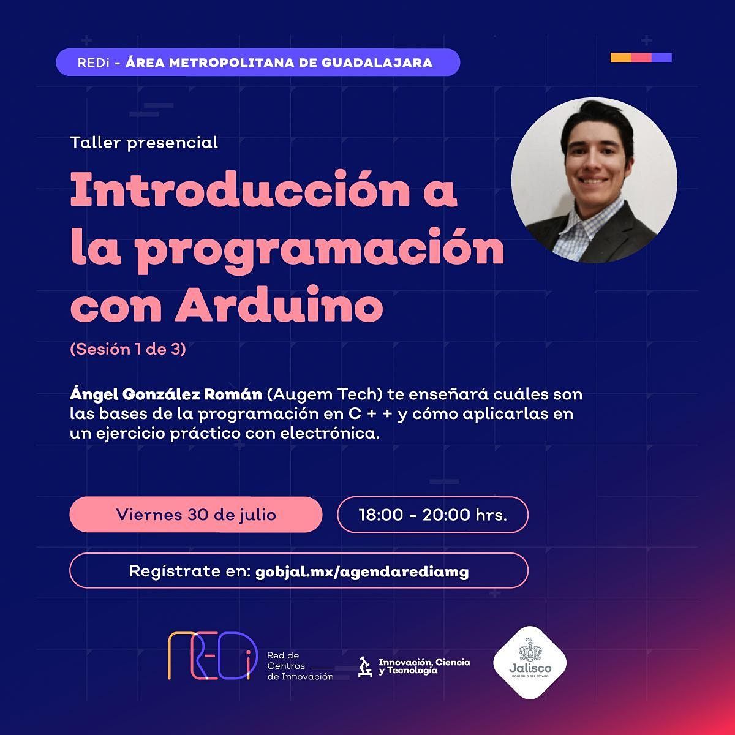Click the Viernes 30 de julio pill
click(196, 514)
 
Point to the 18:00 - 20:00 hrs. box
click(432, 514)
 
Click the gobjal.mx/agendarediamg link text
click(363, 571)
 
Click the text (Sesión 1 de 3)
click(128, 350)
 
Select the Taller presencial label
click(144, 143)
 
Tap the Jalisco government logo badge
click(530, 662)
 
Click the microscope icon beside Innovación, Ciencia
click(365, 666)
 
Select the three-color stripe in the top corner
click(641, 58)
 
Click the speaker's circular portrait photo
click(594, 181)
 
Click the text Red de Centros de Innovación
click(300, 666)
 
